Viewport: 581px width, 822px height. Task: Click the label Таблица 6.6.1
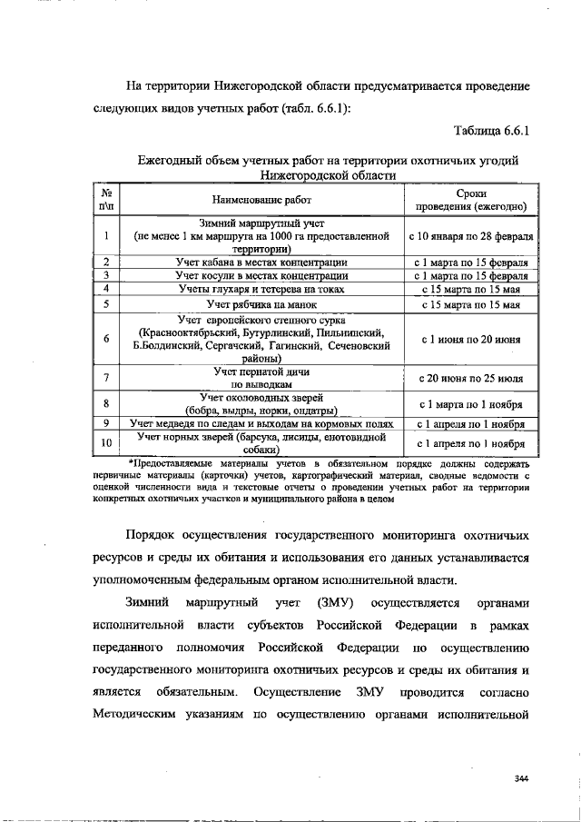[x=490, y=132]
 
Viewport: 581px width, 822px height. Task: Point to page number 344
[x=521, y=777]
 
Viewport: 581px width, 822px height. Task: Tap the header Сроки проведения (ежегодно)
[x=471, y=200]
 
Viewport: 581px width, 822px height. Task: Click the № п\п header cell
[x=107, y=200]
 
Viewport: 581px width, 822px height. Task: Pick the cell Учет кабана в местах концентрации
[x=261, y=262]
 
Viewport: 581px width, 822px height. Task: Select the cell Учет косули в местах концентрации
[x=261, y=274]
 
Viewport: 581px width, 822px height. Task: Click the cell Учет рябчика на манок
[x=261, y=303]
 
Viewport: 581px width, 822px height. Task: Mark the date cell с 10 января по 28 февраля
[x=471, y=235]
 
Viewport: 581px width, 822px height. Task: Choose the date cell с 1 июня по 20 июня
[x=471, y=339]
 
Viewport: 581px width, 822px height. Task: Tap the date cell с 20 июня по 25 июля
[x=471, y=378]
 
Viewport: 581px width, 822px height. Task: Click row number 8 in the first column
[x=107, y=403]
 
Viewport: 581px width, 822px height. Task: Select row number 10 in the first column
[x=107, y=443]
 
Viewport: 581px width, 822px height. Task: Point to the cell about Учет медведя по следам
[x=261, y=423]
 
